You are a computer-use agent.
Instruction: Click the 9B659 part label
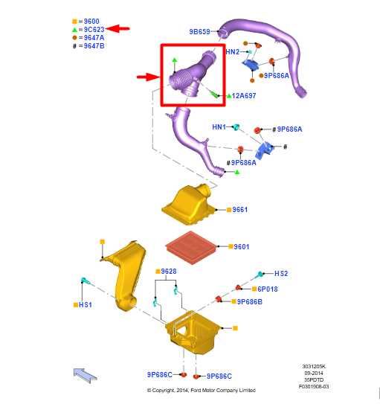coord(199,31)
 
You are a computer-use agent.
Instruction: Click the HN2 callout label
coord(233,52)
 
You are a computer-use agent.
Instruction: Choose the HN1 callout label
coord(219,126)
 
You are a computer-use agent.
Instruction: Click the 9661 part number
coord(239,210)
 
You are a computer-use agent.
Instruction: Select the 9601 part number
coord(241,247)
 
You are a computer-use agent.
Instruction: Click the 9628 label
coord(169,272)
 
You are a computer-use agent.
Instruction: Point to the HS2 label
coord(281,273)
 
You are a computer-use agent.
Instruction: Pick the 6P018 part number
coord(268,289)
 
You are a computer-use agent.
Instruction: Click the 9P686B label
coord(249,302)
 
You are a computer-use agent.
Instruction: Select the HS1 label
coord(86,305)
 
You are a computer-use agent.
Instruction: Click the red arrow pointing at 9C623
coord(118,28)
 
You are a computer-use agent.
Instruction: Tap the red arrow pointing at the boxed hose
coord(148,77)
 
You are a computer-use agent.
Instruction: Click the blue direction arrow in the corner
coord(86,375)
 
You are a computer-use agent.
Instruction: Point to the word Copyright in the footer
coord(164,391)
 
